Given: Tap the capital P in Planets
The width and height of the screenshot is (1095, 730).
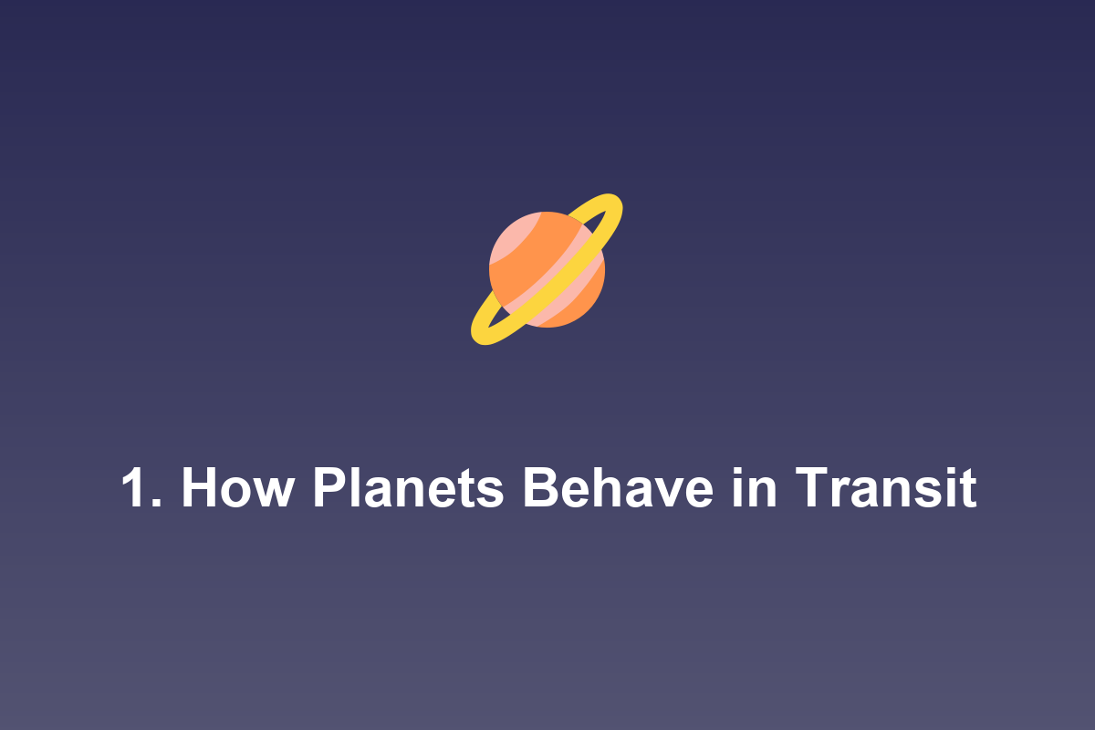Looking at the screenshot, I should [328, 489].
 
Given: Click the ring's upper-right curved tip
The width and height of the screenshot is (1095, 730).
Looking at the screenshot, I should [615, 205].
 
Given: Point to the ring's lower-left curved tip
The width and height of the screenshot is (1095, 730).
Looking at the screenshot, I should [480, 332].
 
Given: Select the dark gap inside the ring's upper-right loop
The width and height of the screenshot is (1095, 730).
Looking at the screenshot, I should [601, 218].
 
